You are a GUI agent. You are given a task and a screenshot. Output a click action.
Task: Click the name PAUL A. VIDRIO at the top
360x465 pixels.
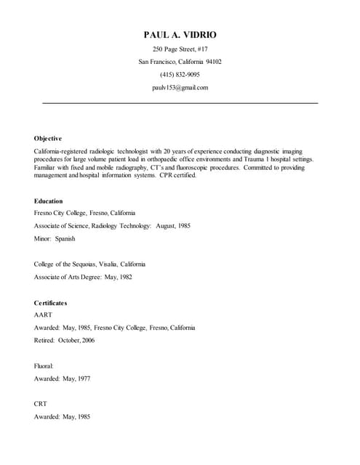pyautogui.click(x=180, y=35)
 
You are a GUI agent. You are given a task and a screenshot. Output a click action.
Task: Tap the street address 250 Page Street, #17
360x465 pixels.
pyautogui.click(x=180, y=49)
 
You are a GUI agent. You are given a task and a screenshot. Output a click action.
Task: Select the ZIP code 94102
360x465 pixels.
pyautogui.click(x=213, y=62)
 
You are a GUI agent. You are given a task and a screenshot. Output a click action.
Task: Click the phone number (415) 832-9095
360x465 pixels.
pyautogui.click(x=180, y=75)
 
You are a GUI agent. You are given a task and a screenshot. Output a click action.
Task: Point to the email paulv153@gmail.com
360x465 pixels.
pyautogui.click(x=180, y=87)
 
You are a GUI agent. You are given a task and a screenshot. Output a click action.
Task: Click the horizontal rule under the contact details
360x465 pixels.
pyautogui.click(x=180, y=103)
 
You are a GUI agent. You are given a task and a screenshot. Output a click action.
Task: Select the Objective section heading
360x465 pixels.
pyautogui.click(x=48, y=138)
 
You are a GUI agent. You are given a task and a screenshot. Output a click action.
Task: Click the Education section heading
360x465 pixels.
pyautogui.click(x=49, y=201)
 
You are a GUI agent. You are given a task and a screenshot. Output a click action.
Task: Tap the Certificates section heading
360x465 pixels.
pyautogui.click(x=50, y=302)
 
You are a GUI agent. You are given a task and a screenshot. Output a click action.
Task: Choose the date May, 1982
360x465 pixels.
pyautogui.click(x=118, y=277)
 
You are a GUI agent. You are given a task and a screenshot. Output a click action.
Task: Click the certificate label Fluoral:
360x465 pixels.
pyautogui.click(x=44, y=366)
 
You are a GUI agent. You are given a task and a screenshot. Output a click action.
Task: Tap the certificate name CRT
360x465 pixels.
pyautogui.click(x=41, y=405)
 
